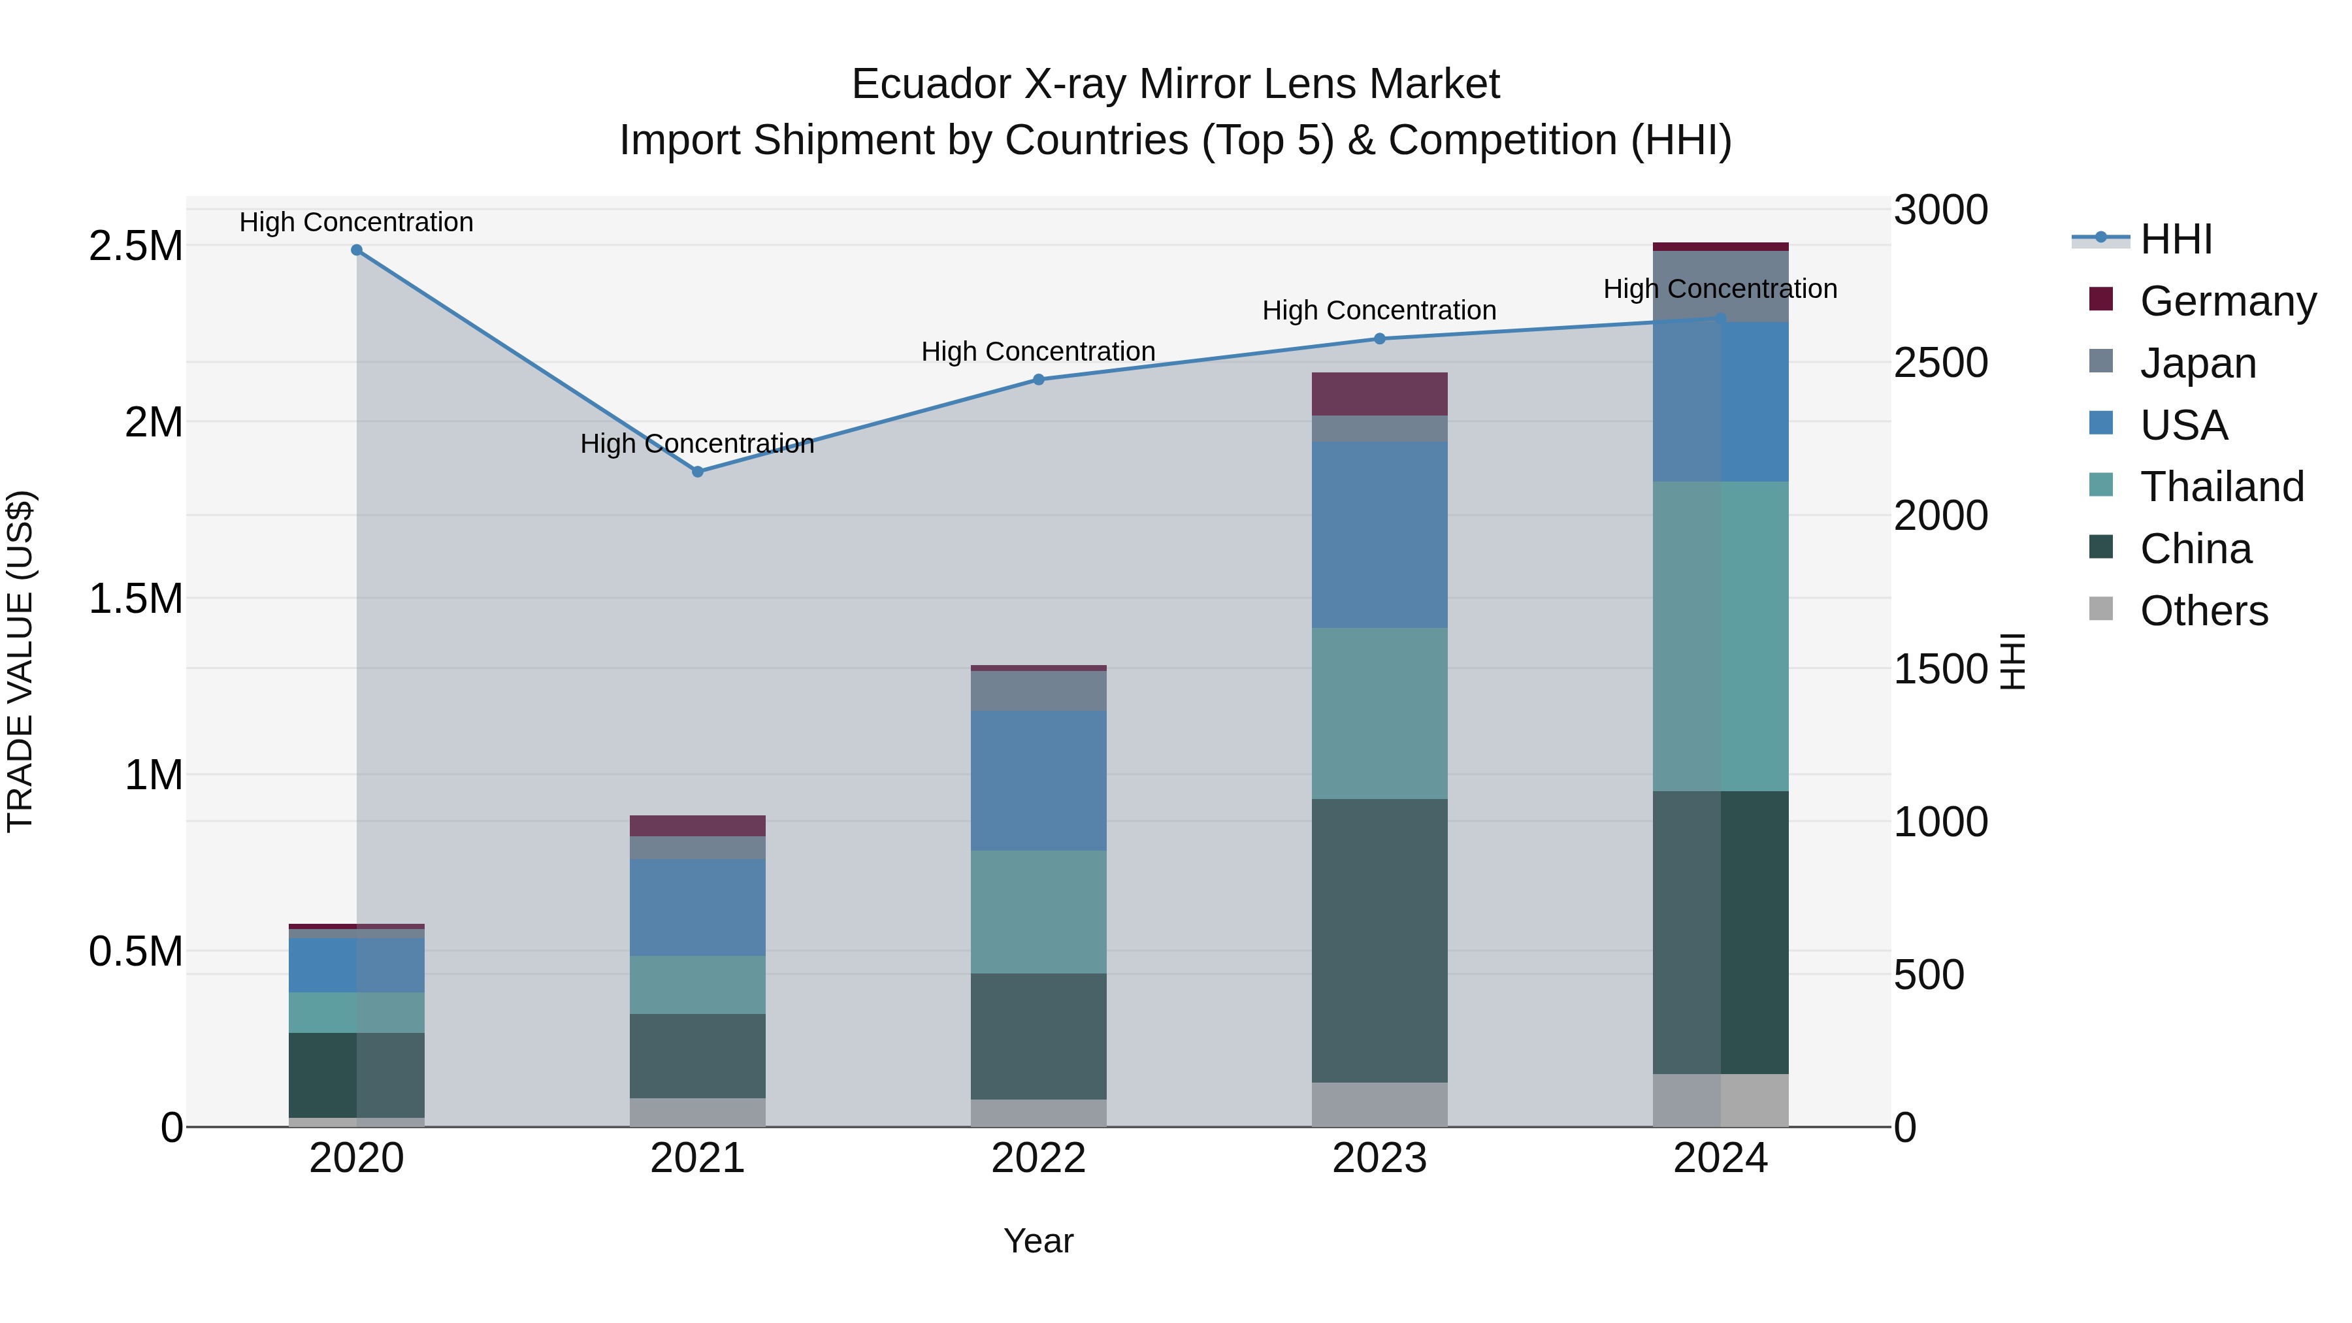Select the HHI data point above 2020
coord(357,250)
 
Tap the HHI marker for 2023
coord(1380,338)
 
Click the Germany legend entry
coord(2227,301)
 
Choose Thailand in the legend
coord(2221,487)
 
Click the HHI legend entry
coord(2175,239)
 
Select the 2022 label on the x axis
coord(1038,1158)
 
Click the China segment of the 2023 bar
coord(1380,940)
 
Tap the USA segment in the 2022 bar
coord(1038,781)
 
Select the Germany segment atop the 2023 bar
coord(1380,393)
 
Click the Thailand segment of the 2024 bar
coord(1720,636)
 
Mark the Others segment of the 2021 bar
coord(698,1112)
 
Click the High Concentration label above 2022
coord(1038,351)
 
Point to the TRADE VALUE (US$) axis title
coord(20,662)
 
